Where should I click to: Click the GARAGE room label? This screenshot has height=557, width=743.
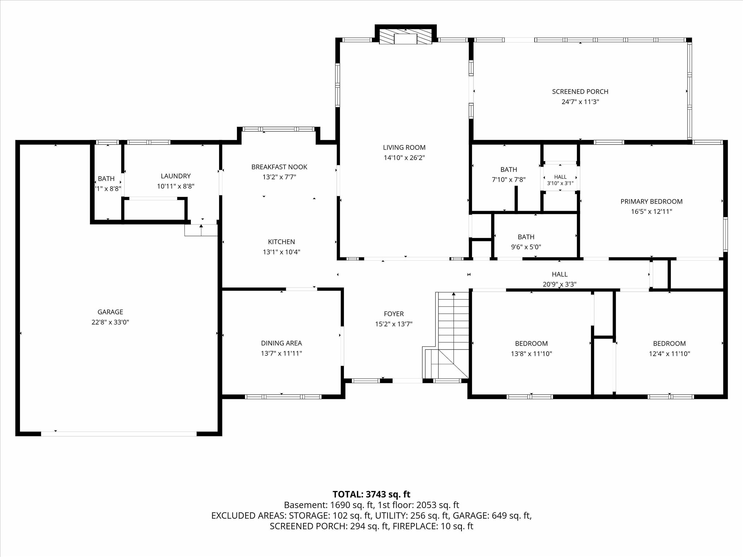click(x=110, y=312)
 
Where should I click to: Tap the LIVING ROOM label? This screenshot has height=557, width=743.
click(x=404, y=148)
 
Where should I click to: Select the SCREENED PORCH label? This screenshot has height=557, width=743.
click(x=580, y=92)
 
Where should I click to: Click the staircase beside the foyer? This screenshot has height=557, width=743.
click(x=446, y=335)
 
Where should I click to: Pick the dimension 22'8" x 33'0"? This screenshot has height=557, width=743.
click(x=110, y=322)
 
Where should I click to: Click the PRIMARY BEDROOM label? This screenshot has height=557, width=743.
click(x=651, y=202)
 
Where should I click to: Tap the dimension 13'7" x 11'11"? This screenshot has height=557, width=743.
click(x=282, y=353)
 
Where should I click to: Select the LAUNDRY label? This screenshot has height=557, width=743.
click(x=176, y=176)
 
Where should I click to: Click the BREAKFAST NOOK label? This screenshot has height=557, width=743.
click(x=279, y=167)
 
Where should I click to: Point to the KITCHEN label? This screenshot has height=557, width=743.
click(x=282, y=242)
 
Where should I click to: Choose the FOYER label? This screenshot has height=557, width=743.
click(x=394, y=314)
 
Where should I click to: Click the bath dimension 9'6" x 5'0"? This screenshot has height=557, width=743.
click(x=526, y=247)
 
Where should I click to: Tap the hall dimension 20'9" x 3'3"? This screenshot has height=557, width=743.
click(x=559, y=285)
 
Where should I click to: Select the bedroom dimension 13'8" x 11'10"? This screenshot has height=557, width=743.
click(x=531, y=354)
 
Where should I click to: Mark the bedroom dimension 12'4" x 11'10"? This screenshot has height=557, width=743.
click(x=669, y=354)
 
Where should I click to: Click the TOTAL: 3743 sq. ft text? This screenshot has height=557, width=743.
click(x=371, y=494)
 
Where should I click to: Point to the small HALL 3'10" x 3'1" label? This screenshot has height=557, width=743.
click(x=561, y=180)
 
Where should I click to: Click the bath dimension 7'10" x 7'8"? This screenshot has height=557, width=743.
click(x=509, y=180)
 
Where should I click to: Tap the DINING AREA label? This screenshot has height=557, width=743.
click(x=282, y=343)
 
